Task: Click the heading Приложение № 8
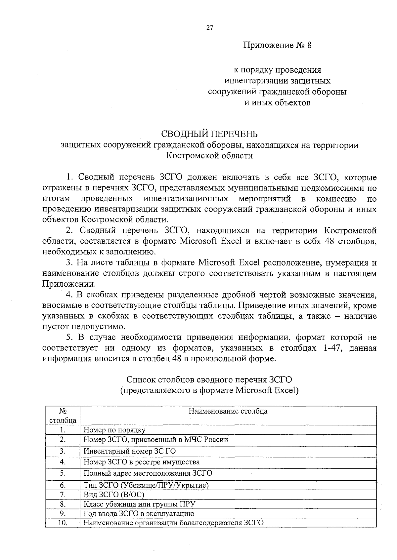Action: tap(277, 45)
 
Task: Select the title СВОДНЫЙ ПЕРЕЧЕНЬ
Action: tap(209, 134)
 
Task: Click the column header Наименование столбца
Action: tap(228, 411)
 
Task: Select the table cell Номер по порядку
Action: tap(114, 430)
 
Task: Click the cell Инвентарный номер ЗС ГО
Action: tap(129, 451)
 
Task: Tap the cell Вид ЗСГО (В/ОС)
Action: tap(114, 495)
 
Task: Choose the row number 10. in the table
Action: tap(63, 523)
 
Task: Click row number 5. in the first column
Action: tap(63, 473)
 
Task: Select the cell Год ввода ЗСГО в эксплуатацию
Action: tap(139, 514)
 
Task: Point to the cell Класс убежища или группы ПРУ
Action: tap(139, 504)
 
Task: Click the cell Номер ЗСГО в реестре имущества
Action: tap(141, 462)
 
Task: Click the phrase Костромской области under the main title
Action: tap(209, 155)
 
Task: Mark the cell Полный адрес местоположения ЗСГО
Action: tap(148, 473)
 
